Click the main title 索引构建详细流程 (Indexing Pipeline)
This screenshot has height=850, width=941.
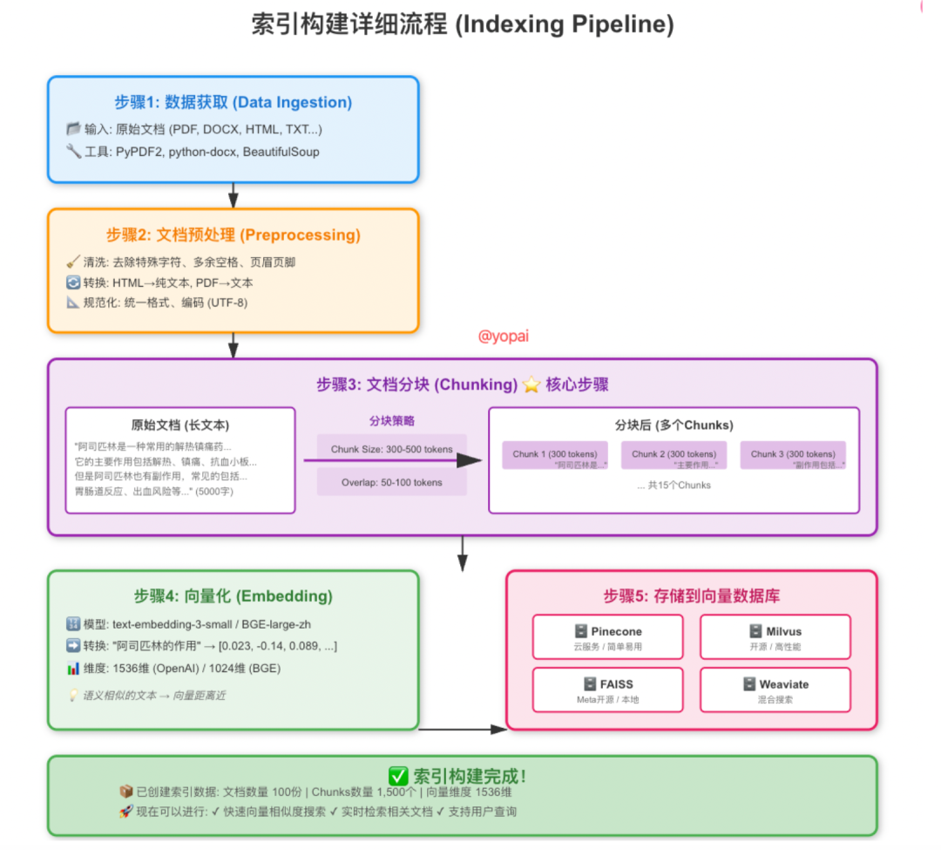click(462, 25)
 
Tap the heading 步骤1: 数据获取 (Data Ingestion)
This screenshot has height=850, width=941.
click(233, 103)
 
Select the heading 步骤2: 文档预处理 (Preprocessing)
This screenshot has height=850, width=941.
click(233, 235)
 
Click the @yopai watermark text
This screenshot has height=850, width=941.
click(504, 337)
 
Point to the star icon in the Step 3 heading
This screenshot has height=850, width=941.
click(531, 384)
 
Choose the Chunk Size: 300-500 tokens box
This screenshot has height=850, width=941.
click(391, 450)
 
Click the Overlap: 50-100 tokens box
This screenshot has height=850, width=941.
click(391, 482)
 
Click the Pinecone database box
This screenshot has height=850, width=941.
click(608, 637)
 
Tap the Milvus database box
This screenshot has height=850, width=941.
click(775, 637)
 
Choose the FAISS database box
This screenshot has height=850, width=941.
click(608, 690)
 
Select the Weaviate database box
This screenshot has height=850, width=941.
click(775, 690)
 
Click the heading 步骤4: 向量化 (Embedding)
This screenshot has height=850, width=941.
click(233, 597)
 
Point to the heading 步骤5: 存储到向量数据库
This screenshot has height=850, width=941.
click(691, 597)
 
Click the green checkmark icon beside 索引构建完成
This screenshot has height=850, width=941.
click(398, 776)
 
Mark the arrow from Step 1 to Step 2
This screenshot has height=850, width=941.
click(233, 195)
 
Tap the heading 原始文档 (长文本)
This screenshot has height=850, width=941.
click(180, 425)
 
